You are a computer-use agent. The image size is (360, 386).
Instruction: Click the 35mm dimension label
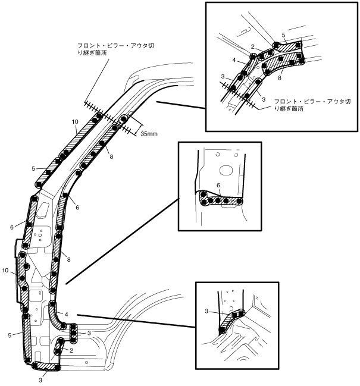149,134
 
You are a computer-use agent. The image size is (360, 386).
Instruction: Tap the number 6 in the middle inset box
218,186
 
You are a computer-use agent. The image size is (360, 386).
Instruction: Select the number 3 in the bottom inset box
206,311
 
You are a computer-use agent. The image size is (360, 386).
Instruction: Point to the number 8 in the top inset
280,78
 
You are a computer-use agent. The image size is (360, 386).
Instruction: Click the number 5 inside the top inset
283,35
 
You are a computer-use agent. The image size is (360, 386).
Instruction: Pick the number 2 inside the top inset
253,46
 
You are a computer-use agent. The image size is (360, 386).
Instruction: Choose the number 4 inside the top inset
234,60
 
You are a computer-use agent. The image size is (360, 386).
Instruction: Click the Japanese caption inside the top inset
312,105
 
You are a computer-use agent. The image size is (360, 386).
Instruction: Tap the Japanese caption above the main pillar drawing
115,49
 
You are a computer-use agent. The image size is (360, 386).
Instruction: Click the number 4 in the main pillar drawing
66,315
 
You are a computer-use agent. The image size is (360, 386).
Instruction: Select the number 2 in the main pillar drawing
71,350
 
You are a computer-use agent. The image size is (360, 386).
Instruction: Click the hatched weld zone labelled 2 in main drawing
58,347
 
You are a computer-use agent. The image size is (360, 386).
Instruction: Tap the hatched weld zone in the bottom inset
231,321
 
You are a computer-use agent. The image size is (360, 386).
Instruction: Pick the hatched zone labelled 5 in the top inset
288,46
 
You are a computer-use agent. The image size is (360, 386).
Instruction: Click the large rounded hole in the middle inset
227,170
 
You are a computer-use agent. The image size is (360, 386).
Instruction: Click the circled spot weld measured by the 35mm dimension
123,120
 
